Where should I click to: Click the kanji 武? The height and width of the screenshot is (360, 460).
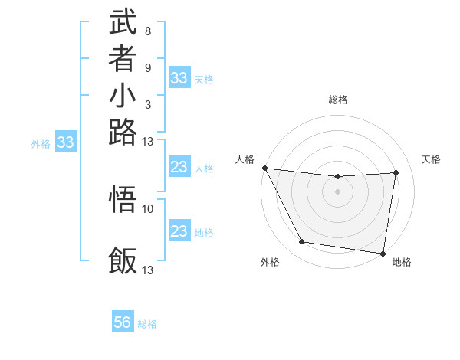coord(123,22)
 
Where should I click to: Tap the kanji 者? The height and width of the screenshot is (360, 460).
coord(123,59)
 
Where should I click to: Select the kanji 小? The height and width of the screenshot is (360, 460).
coord(123,96)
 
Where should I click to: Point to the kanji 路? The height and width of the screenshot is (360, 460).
coord(123,132)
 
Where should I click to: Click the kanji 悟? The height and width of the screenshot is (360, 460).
coord(123,200)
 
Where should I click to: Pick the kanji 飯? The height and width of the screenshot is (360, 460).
coord(123,260)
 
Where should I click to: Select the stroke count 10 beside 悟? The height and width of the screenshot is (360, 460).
coord(148,208)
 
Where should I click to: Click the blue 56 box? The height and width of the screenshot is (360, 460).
coord(123,322)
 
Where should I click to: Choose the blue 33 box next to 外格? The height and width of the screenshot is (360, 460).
coord(66,142)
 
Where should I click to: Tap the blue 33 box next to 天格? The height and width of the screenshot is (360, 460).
coord(179,78)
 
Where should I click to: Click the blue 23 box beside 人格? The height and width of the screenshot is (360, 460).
coord(179,167)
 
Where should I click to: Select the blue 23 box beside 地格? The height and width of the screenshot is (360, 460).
coord(179,231)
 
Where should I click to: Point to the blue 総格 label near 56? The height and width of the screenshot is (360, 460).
coord(147,324)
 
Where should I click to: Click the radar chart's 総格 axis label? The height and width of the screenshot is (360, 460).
coord(337,100)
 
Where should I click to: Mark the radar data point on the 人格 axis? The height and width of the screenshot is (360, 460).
coord(264,168)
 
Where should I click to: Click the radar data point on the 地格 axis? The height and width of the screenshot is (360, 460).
coord(383,253)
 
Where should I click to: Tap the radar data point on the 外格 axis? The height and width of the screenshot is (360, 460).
coord(302,242)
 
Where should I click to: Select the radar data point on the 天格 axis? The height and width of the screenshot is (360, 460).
coord(396,172)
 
